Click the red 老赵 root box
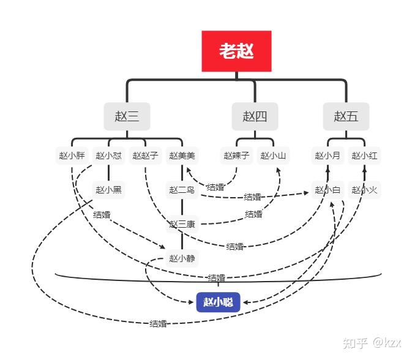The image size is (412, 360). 236,51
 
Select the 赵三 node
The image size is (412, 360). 127,116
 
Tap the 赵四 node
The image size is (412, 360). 255,116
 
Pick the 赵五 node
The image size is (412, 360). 346,116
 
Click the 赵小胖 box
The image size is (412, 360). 72,156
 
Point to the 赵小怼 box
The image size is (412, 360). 108,156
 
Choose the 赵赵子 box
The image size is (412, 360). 145,156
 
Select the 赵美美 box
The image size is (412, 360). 182,156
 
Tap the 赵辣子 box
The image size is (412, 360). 236,156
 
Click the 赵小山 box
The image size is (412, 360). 273,156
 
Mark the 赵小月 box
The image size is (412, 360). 328,156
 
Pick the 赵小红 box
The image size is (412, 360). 364,156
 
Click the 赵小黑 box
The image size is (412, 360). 108,190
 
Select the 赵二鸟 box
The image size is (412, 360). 182,190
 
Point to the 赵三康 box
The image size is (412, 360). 182,224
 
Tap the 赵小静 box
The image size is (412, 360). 182,258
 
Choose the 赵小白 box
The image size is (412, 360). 328,190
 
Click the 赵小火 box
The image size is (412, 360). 364,190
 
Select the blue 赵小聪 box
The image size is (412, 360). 219,302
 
